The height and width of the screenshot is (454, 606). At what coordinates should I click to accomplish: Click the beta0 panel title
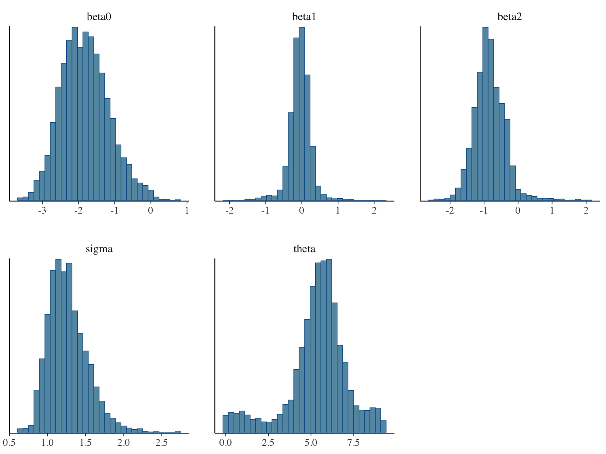[99, 17]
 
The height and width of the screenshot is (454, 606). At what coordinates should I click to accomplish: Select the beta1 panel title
[304, 17]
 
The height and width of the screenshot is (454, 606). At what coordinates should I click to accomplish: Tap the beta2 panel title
[510, 17]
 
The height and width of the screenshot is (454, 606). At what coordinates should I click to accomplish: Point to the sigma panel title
[99, 249]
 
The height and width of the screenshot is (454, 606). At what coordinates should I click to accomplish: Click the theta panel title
[304, 249]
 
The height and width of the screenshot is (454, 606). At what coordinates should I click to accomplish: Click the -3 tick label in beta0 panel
[42, 210]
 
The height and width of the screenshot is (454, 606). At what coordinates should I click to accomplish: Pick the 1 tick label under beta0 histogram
[187, 210]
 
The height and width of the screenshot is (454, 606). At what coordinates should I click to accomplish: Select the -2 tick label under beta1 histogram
[229, 210]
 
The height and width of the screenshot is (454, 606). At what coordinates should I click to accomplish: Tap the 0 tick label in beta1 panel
[302, 210]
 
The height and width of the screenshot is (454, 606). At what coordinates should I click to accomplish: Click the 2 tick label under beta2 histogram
[586, 210]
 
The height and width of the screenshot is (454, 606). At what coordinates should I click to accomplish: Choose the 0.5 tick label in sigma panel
[9, 443]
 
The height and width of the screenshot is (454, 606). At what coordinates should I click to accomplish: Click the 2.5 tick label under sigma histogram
[161, 443]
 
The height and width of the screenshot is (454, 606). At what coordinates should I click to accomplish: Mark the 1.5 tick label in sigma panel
[85, 443]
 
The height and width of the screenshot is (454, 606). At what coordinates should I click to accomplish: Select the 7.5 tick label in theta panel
[353, 443]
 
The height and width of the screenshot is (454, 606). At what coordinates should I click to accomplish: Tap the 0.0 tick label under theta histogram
[225, 443]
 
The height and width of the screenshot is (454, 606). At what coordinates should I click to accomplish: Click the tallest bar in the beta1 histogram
[302, 114]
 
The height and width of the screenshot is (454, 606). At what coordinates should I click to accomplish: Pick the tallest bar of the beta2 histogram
[485, 114]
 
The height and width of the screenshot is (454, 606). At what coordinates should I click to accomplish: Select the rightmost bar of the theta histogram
[383, 427]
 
